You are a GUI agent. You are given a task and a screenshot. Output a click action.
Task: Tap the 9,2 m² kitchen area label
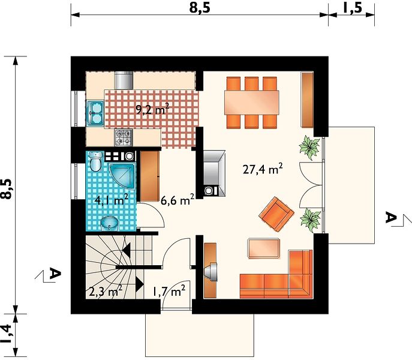(152, 109)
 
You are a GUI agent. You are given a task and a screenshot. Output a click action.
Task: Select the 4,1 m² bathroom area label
(112, 200)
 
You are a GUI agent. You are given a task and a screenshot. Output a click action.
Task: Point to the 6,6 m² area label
(178, 200)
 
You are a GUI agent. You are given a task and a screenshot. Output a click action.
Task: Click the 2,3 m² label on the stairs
(106, 291)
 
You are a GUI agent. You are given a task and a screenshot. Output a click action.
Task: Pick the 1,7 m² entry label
(169, 291)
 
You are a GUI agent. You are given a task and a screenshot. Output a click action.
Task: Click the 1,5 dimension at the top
(352, 8)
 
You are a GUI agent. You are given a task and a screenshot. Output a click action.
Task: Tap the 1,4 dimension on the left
(7, 334)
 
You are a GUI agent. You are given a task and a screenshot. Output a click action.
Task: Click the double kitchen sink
(95, 113)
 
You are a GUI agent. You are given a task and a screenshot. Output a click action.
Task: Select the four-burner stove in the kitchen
(123, 137)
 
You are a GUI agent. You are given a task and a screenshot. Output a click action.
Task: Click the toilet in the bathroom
(95, 161)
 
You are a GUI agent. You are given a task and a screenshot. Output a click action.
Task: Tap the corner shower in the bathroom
(122, 175)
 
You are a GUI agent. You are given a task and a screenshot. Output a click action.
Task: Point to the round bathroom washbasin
(110, 223)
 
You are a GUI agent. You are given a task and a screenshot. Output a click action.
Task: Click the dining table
(251, 103)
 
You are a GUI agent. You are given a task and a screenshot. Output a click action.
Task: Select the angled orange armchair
(276, 214)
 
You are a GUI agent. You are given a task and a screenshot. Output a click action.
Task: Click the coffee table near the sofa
(263, 248)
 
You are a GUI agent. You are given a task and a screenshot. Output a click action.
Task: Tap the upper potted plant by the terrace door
(309, 147)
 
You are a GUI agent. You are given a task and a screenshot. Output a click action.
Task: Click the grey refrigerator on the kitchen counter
(124, 80)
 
